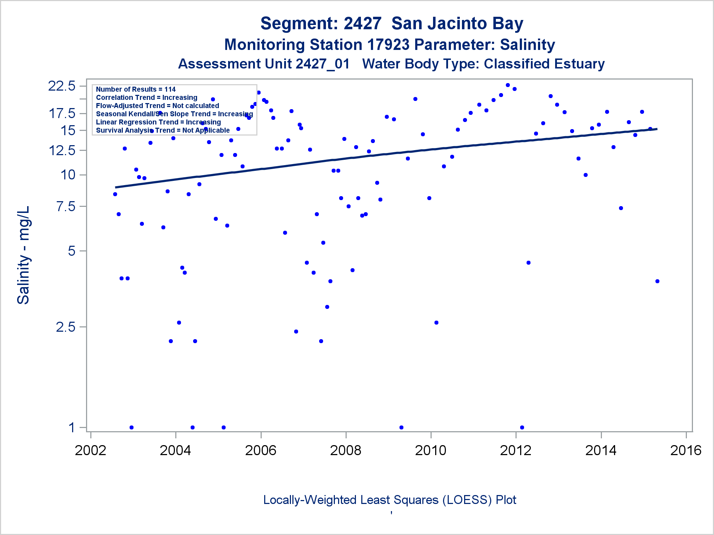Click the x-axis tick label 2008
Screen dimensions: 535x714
pos(346,450)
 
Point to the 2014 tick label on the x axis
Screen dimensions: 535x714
pos(601,450)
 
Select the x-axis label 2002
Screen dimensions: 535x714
pos(90,450)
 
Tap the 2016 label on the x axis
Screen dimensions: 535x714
pos(686,450)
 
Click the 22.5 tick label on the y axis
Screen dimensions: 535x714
pos(62,86)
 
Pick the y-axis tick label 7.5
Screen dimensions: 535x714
pos(66,206)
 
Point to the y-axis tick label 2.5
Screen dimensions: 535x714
pos(66,327)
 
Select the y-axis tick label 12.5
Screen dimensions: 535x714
pos(62,150)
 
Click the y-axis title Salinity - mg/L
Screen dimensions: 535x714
pos(24,255)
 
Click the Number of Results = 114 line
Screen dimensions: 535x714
pos(136,89)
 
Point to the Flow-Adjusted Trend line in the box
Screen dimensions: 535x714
pos(157,106)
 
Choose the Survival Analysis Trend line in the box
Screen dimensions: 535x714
pos(163,130)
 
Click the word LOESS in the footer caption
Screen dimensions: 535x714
pos(465,500)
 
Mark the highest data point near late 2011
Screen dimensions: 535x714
pos(508,85)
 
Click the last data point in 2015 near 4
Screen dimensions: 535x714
pos(657,281)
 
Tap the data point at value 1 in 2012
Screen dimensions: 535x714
pos(522,427)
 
